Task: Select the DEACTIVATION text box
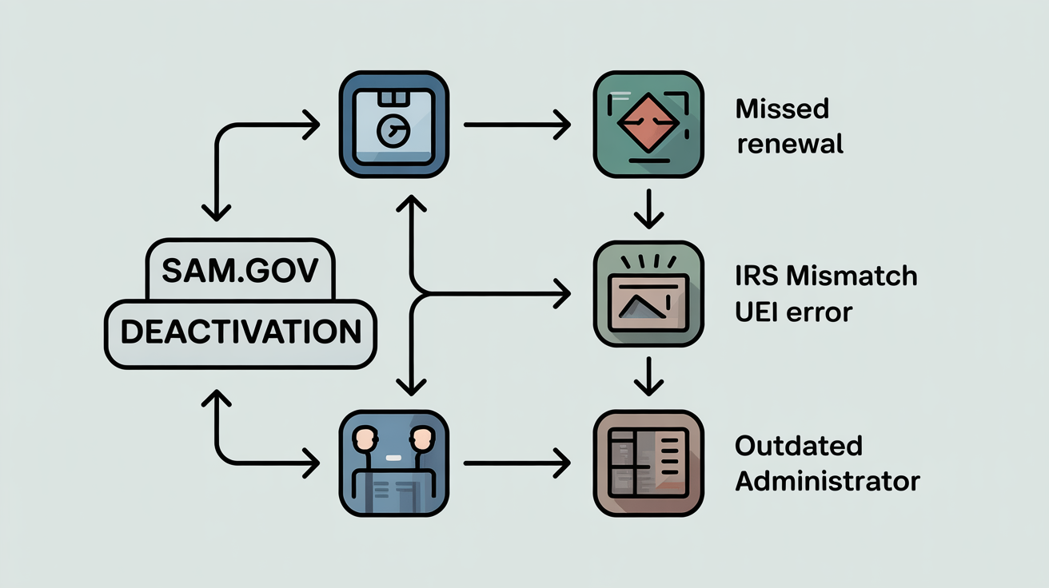(x=240, y=332)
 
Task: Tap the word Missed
(x=783, y=109)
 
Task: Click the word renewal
(x=790, y=145)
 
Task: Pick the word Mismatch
(x=852, y=276)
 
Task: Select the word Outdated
(x=799, y=446)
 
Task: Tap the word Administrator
(x=828, y=481)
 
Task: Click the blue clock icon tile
(x=393, y=124)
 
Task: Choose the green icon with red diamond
(x=648, y=124)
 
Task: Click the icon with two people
(x=393, y=463)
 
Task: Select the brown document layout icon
(x=648, y=463)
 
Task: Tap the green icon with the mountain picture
(x=648, y=296)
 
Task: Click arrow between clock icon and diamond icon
(x=517, y=125)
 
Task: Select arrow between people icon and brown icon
(x=517, y=463)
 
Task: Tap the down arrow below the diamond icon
(x=648, y=209)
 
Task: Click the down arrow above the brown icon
(x=648, y=375)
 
